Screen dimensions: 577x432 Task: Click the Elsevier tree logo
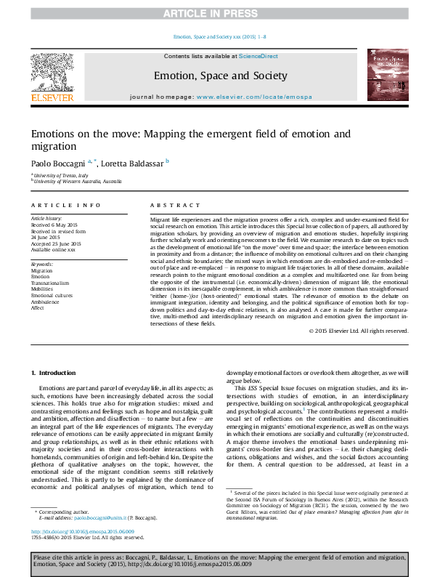click(x=52, y=73)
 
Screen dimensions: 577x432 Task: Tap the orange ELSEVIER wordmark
click(x=52, y=98)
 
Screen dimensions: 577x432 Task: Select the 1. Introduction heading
click(x=56, y=374)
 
